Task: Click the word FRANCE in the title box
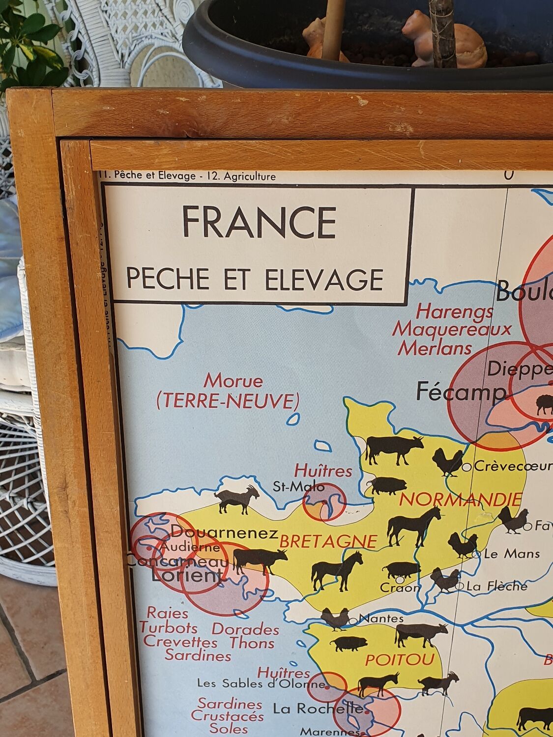pos(259,223)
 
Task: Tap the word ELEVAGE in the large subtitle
pos(324,279)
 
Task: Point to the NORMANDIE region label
pos(460,500)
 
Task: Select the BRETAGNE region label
pos(328,542)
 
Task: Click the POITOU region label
pos(400,659)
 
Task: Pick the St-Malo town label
pos(298,487)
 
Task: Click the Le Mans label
pos(512,554)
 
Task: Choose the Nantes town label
pos(380,619)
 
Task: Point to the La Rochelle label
pos(319,709)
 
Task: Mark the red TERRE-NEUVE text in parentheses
pos(228,401)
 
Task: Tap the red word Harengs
pos(455,311)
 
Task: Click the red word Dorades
pos(245,629)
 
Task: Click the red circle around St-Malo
pos(324,501)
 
